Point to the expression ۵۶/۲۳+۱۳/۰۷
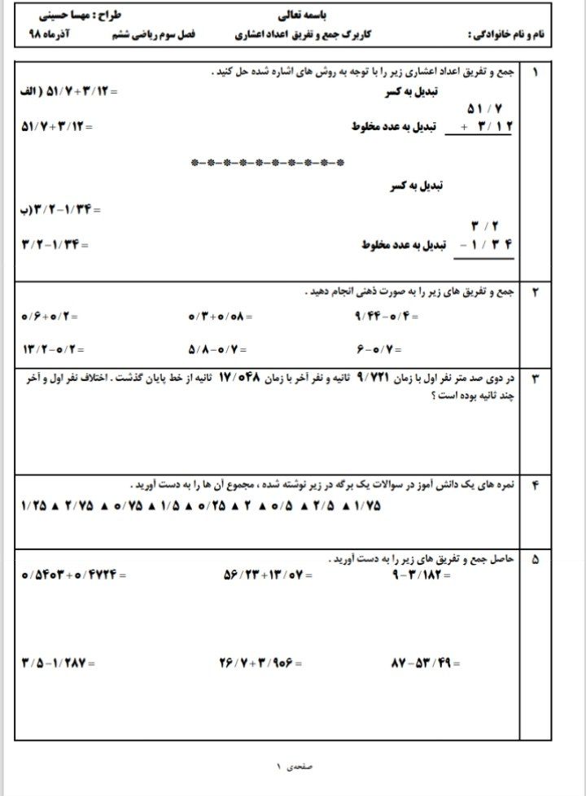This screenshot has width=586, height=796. [262, 575]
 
